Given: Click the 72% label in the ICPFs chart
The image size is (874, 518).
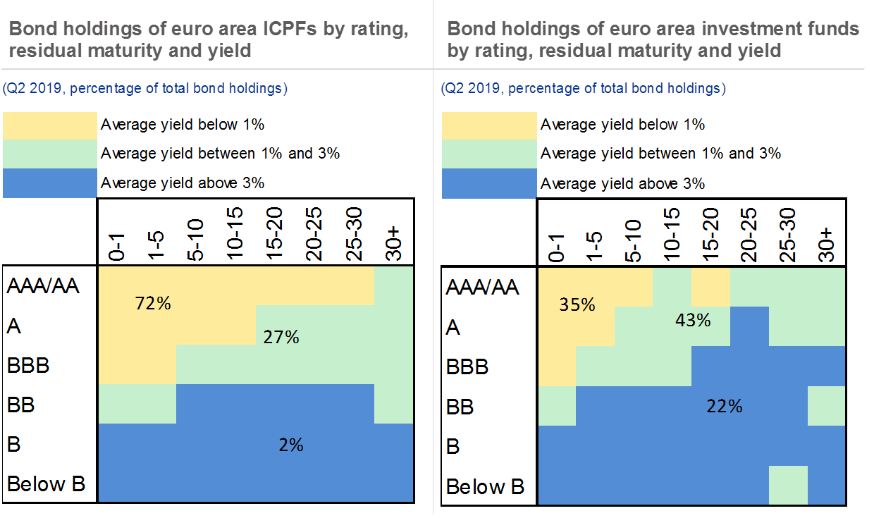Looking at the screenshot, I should pos(153,304).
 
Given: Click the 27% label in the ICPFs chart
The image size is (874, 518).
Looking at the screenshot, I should pos(282,338).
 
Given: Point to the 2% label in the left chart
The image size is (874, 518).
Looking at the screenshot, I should pos(291,445).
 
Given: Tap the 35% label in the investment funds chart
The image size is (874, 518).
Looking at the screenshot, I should pos(577,305).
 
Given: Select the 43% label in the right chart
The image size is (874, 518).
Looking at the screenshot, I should pos(692,320).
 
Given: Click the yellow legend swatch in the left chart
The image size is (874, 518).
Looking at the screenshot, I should pos(49,125).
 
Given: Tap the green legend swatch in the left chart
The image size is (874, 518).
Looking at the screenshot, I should pos(49,153).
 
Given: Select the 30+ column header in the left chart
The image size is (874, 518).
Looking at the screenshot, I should pos(393,244).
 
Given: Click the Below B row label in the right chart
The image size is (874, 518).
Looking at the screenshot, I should pos(486,487).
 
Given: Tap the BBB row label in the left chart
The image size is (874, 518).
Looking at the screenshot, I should pos(28,366).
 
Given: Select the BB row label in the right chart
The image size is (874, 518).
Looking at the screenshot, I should pos(460,407).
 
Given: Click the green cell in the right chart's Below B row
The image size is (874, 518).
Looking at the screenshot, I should pos(788,485).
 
